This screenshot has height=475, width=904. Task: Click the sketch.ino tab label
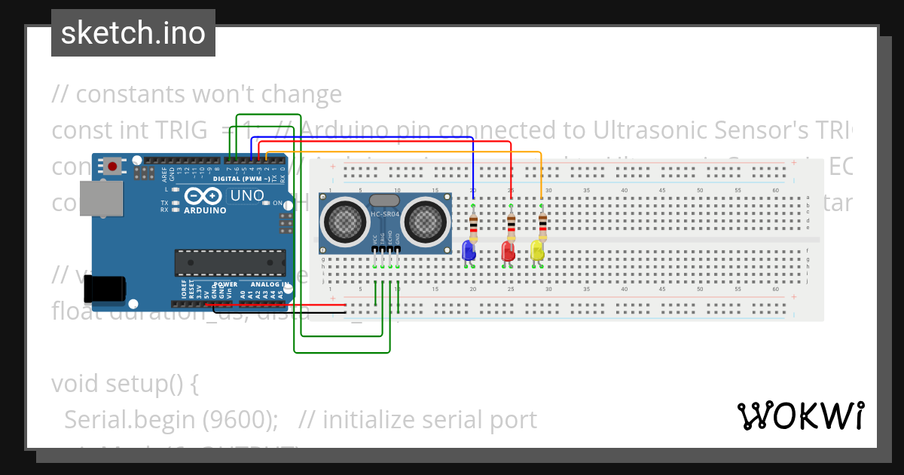tap(133, 33)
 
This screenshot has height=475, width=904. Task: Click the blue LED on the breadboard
tap(469, 250)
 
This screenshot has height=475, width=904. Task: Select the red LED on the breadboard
tap(508, 250)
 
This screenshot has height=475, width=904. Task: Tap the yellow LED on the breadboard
tap(537, 250)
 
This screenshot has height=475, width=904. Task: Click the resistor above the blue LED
tap(473, 224)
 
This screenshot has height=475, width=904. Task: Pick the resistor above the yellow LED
tap(542, 224)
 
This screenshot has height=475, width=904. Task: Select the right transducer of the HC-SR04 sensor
tap(423, 220)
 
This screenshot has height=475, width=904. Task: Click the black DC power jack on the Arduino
tap(104, 290)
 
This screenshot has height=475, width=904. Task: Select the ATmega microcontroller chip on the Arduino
tap(230, 262)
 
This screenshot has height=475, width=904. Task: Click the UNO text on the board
tap(246, 196)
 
